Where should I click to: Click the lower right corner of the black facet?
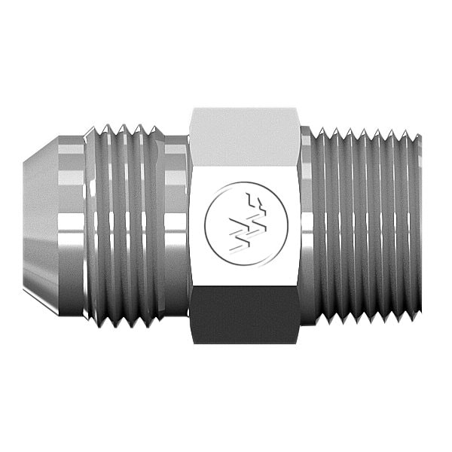(x=298, y=343)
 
